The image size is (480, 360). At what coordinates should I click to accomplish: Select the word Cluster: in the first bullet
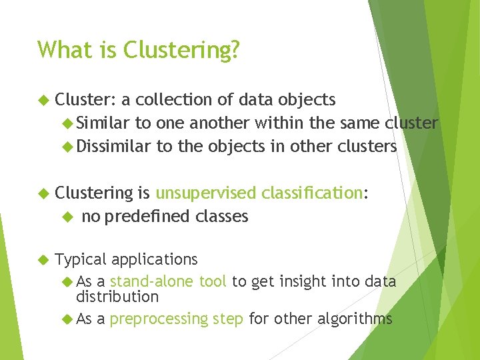pyautogui.click(x=86, y=100)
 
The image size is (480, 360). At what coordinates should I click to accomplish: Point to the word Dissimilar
pyautogui.click(x=113, y=146)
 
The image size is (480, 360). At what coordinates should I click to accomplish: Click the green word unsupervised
pyautogui.click(x=205, y=193)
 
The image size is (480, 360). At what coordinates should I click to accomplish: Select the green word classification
pyautogui.click(x=312, y=193)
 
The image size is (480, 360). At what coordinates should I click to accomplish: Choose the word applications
pyautogui.click(x=154, y=259)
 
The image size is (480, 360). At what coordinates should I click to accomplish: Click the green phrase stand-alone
pyautogui.click(x=153, y=282)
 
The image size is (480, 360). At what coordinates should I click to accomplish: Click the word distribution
pyautogui.click(x=117, y=297)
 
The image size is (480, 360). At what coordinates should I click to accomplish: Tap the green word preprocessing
pyautogui.click(x=159, y=319)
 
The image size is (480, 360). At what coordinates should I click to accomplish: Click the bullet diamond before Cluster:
pyautogui.click(x=43, y=101)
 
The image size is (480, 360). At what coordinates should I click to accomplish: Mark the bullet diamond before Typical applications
pyautogui.click(x=43, y=260)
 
